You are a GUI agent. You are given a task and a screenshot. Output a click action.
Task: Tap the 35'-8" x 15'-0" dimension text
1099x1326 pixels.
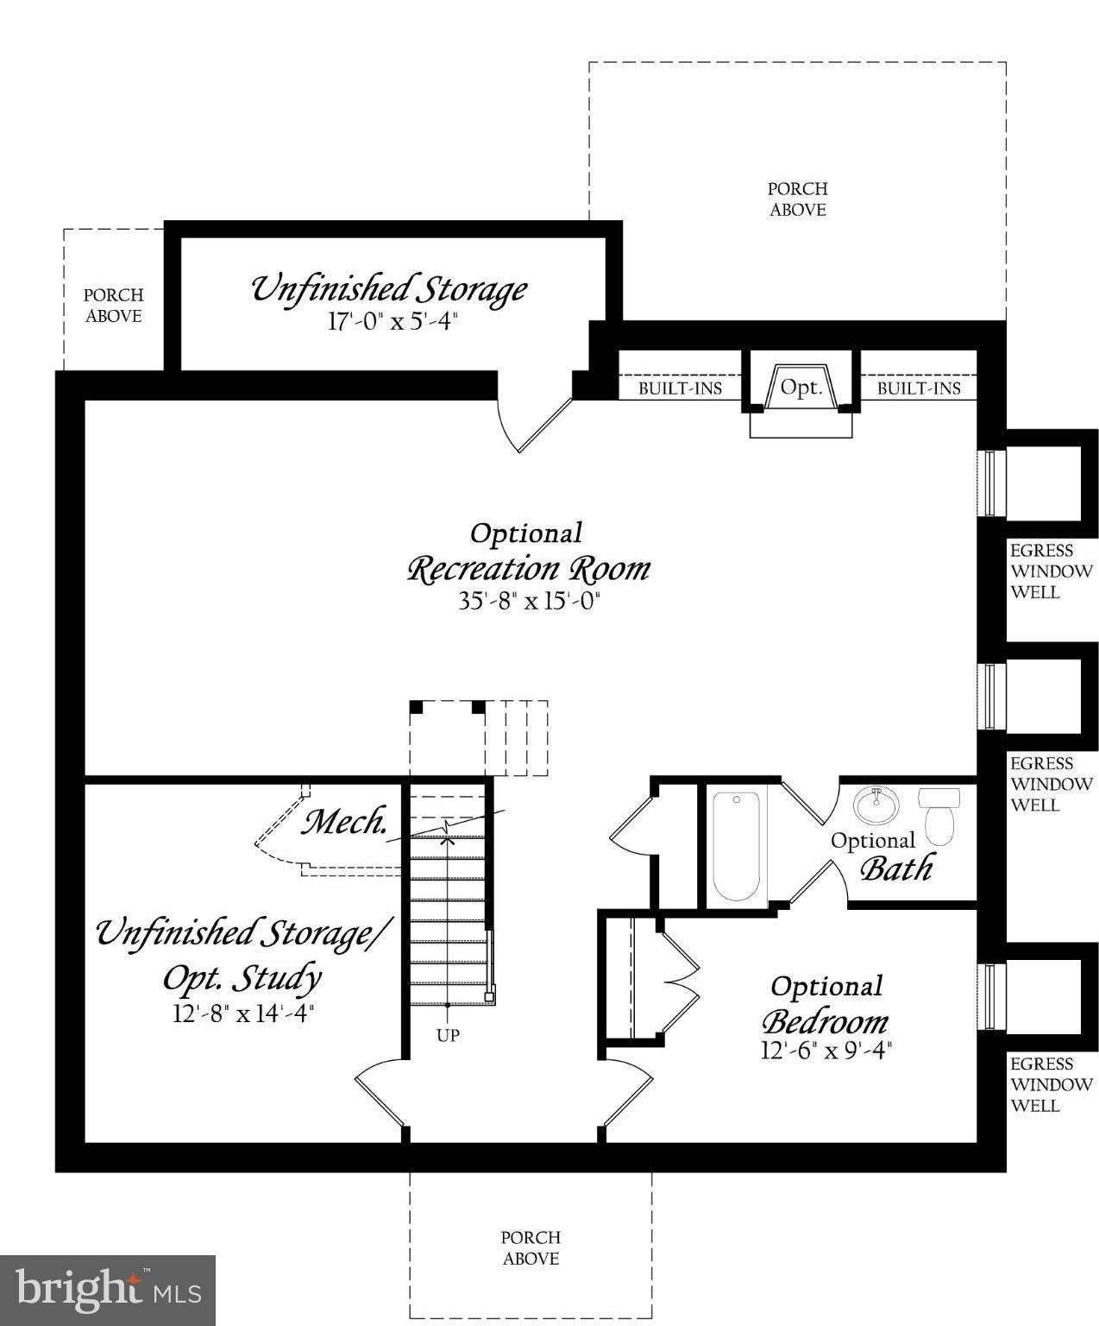pyautogui.click(x=528, y=601)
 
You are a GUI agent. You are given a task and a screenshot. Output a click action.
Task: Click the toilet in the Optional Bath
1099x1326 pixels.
pyautogui.click(x=939, y=813)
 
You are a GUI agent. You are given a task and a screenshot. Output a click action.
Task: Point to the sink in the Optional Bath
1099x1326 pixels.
pyautogui.click(x=876, y=805)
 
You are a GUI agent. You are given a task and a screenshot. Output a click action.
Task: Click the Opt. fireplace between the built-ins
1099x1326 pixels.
pyautogui.click(x=801, y=388)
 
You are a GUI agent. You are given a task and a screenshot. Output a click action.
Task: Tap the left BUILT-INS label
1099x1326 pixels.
pyautogui.click(x=680, y=388)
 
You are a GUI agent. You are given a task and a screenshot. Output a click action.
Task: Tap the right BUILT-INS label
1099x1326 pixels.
pyautogui.click(x=919, y=388)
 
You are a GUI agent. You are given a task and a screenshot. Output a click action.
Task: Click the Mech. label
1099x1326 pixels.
pyautogui.click(x=343, y=822)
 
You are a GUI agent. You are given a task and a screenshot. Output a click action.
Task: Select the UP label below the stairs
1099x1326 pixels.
pyautogui.click(x=448, y=1035)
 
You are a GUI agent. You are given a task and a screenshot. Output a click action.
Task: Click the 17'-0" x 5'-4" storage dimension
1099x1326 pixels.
pyautogui.click(x=390, y=322)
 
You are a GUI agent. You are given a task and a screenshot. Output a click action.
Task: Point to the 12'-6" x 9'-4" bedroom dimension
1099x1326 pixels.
pyautogui.click(x=826, y=1050)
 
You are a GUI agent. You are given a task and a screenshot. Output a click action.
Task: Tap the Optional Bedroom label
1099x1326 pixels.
pyautogui.click(x=826, y=1006)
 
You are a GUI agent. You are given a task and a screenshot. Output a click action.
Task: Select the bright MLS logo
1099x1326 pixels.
pyautogui.click(x=107, y=1290)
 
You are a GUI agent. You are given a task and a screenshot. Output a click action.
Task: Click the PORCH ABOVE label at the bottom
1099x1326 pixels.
pyautogui.click(x=531, y=1247)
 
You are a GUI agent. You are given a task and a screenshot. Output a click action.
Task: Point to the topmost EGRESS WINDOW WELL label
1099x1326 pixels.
pyautogui.click(x=1051, y=571)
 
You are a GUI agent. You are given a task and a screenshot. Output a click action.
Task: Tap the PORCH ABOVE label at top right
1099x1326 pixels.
pyautogui.click(x=797, y=199)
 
